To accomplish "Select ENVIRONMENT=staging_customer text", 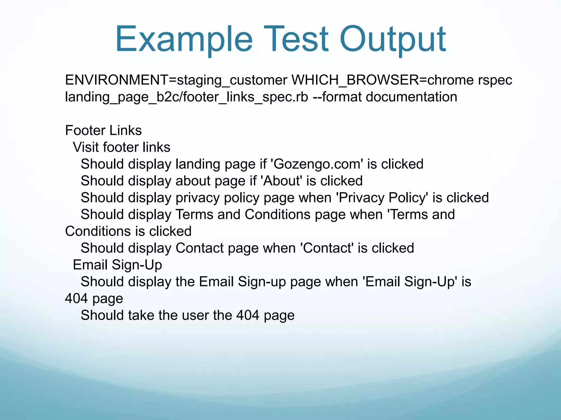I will click(x=176, y=80).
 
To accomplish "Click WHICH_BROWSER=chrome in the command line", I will click(x=382, y=80).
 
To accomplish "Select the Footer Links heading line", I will click(x=103, y=130).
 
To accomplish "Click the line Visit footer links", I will click(x=121, y=147).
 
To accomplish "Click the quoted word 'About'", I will click(x=281, y=181).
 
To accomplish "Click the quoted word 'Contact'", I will click(x=327, y=248).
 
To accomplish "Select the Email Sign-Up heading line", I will click(x=117, y=265).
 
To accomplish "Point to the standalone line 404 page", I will click(x=94, y=299).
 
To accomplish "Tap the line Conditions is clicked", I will click(x=128, y=231).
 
